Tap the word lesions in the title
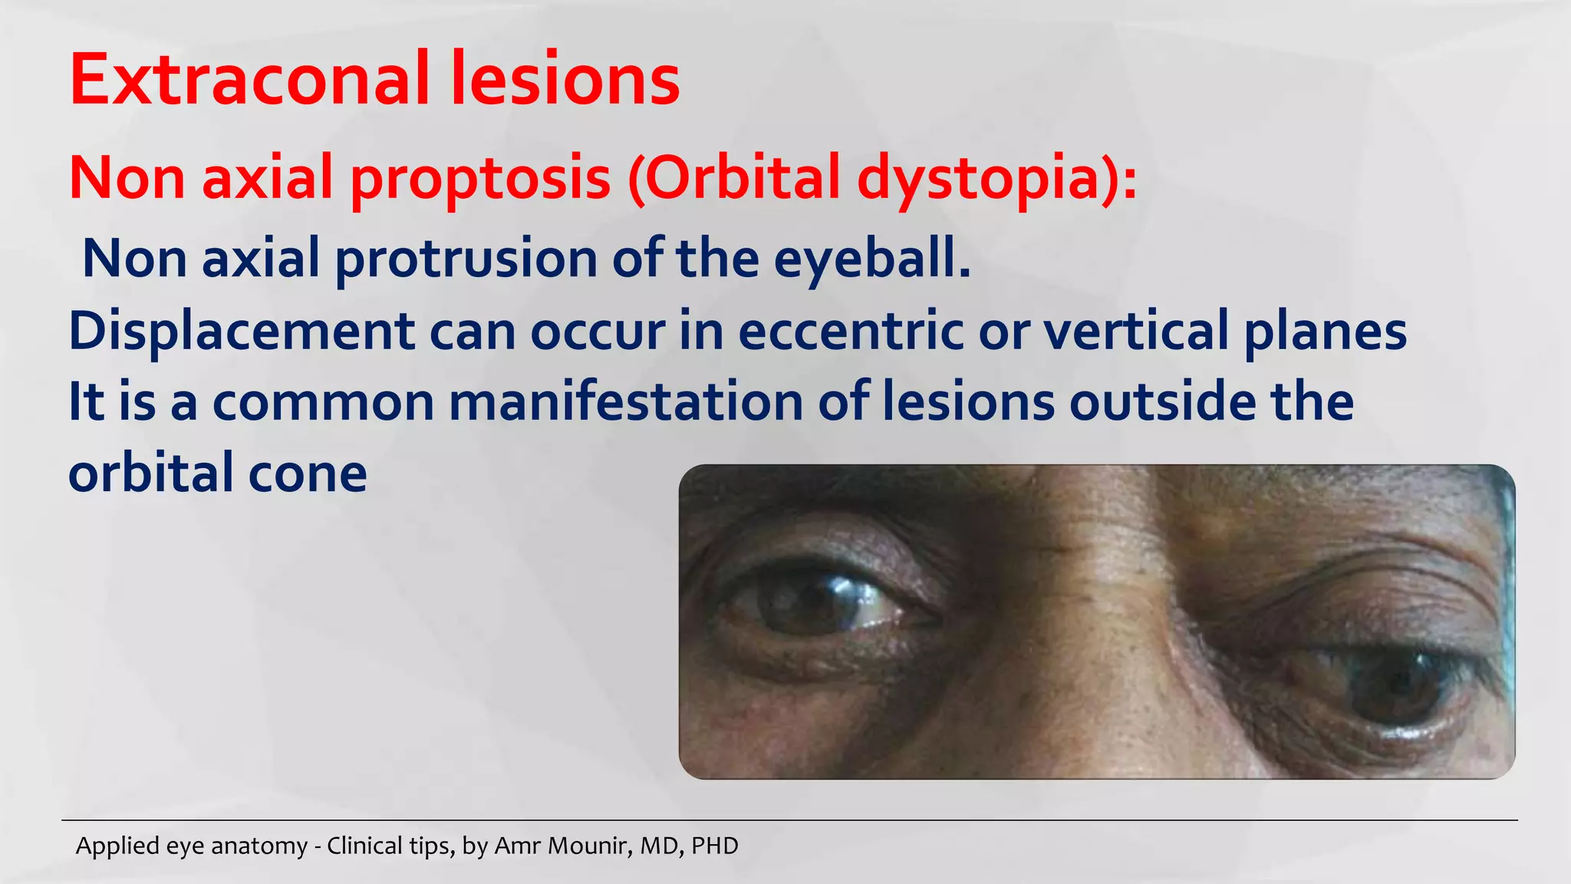click(x=565, y=79)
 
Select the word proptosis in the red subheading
click(x=480, y=178)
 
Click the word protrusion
click(x=466, y=259)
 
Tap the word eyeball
click(x=871, y=259)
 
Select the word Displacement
click(x=242, y=331)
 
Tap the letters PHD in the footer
click(x=714, y=846)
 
